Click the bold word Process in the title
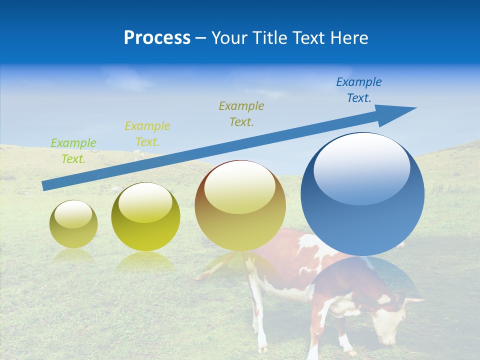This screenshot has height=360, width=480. tap(157, 38)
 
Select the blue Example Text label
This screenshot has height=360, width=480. tap(358, 89)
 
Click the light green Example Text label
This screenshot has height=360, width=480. tap(73, 150)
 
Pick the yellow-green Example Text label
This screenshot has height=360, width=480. tap(147, 133)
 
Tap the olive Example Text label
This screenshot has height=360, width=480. tap(241, 113)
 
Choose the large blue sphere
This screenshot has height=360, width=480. tap(362, 220)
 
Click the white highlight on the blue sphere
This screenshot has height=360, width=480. tap(361, 167)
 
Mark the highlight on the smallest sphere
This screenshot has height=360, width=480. tap(73, 214)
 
